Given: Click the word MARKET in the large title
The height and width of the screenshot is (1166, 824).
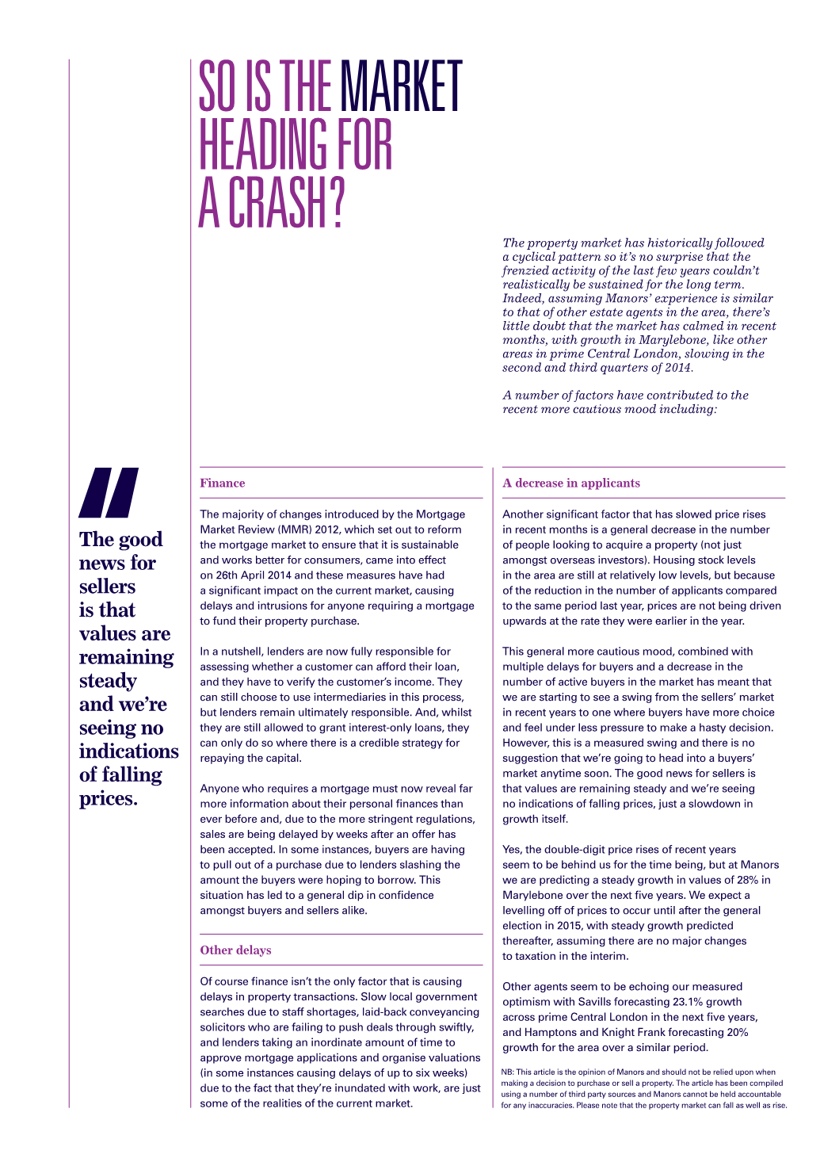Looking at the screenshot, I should tap(401, 86).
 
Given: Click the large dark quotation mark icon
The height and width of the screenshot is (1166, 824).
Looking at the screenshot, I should tap(109, 492).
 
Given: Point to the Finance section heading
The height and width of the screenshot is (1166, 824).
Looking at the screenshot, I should tap(223, 483).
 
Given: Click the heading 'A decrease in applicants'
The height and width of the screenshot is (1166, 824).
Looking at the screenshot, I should tap(571, 483).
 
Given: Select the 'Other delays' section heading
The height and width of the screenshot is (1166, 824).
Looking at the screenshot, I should tap(235, 950).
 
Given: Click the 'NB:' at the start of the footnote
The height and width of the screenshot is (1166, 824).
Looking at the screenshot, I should tap(508, 1072).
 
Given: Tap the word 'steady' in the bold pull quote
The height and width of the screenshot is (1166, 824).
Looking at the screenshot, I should tap(108, 681).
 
